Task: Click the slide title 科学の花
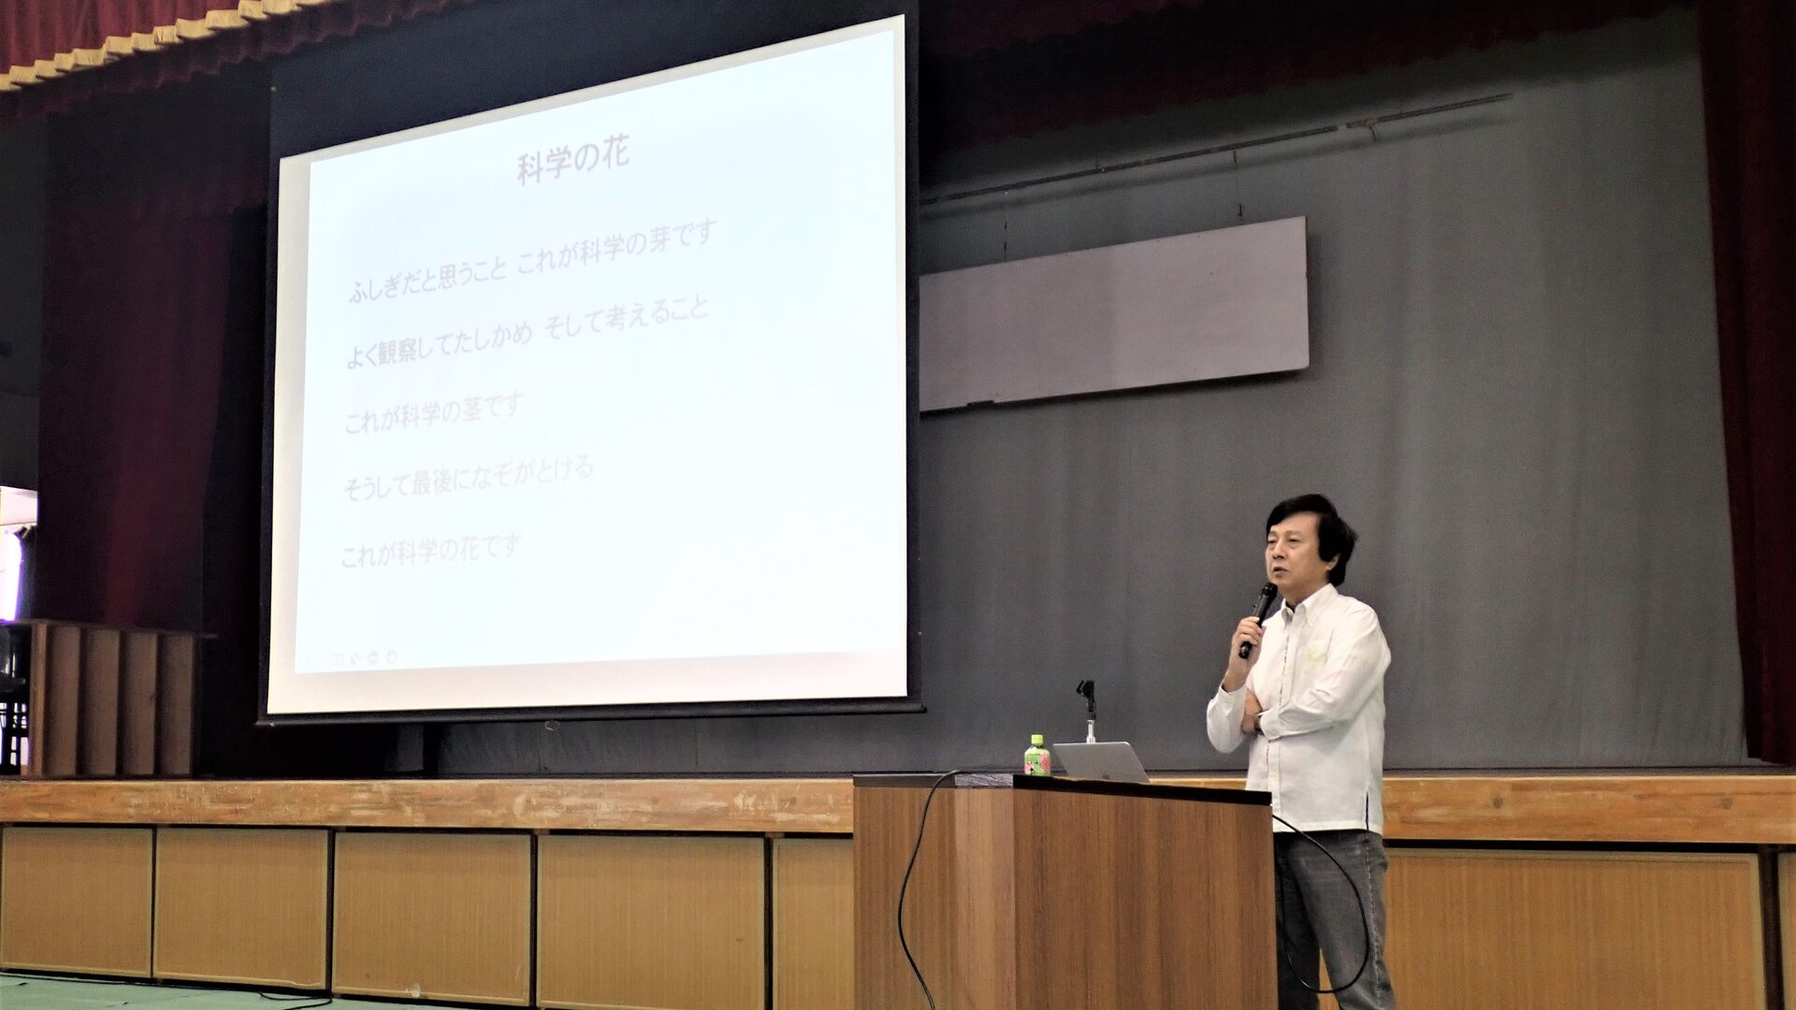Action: click(x=573, y=161)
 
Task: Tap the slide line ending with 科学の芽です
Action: click(x=531, y=263)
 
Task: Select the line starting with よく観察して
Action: click(x=528, y=333)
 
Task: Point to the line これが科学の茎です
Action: click(x=433, y=413)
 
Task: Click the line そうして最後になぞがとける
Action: click(x=468, y=478)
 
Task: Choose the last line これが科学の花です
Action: click(x=430, y=550)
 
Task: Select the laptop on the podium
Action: click(x=1100, y=761)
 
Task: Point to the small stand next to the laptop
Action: click(x=1087, y=711)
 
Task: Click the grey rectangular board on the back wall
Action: click(x=1113, y=313)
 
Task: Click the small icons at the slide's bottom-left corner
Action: click(x=364, y=656)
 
